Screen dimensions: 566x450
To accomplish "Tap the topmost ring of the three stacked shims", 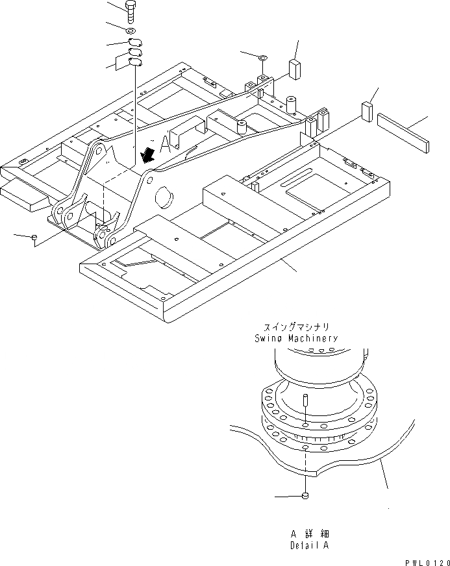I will [x=134, y=43].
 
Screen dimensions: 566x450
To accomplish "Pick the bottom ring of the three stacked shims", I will [x=135, y=62].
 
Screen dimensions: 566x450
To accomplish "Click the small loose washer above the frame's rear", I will [x=262, y=58].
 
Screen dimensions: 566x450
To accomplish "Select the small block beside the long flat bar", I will [x=368, y=111].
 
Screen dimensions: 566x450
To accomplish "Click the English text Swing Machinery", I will [x=296, y=338].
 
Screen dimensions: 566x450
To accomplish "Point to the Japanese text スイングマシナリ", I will [x=295, y=328].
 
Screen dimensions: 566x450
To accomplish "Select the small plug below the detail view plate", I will [x=305, y=497].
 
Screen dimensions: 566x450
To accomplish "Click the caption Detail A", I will [x=309, y=545].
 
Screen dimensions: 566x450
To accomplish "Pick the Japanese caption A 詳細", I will [x=309, y=534].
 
